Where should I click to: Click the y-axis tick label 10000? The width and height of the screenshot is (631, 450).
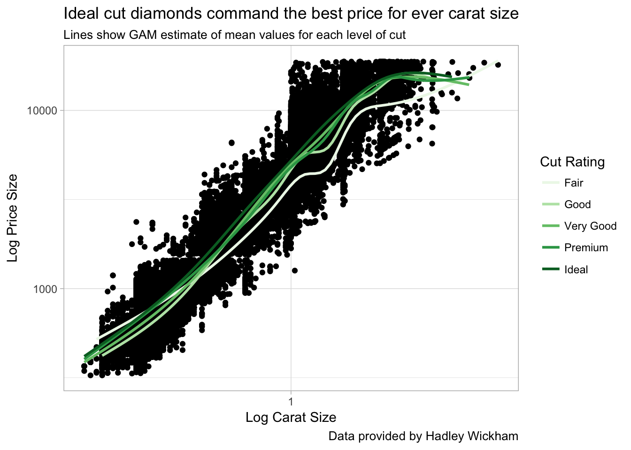pyautogui.click(x=42, y=111)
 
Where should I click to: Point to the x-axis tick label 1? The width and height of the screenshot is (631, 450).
pyautogui.click(x=291, y=402)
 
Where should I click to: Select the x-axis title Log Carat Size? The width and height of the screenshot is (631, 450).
pyautogui.click(x=291, y=417)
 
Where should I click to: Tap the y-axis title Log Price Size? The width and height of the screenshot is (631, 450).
pyautogui.click(x=13, y=218)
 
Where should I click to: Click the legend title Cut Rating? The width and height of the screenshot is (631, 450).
pyautogui.click(x=572, y=162)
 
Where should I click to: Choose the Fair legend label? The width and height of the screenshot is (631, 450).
pyautogui.click(x=573, y=183)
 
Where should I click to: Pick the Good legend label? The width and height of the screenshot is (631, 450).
pyautogui.click(x=577, y=204)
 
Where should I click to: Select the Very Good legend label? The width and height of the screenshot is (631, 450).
pyautogui.click(x=590, y=226)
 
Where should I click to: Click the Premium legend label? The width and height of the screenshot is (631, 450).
pyautogui.click(x=585, y=247)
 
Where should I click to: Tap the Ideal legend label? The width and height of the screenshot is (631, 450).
pyautogui.click(x=576, y=270)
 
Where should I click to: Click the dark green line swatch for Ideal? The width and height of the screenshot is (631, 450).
pyautogui.click(x=551, y=269)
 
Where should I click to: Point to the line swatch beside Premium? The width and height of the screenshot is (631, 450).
pyautogui.click(x=551, y=247)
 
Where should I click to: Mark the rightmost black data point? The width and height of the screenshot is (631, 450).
pyautogui.click(x=498, y=65)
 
